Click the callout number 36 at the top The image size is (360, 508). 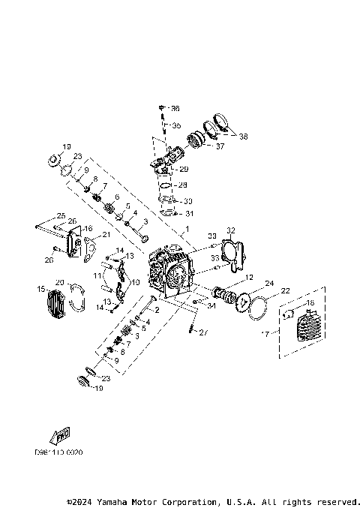coord(175,109)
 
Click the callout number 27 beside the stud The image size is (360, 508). coord(205,332)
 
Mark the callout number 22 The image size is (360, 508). coord(285,290)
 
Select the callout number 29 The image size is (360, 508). coord(184,169)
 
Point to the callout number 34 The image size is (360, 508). coord(212,305)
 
